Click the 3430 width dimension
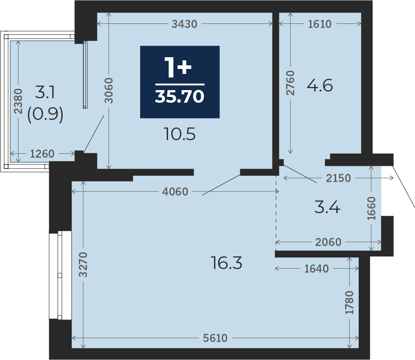coord(184,24)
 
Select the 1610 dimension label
coord(320,24)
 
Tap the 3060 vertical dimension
coord(109,91)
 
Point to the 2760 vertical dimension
coord(290,83)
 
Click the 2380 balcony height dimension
coord(18,101)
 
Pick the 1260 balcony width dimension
coord(42,154)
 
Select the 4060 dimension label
coord(175,191)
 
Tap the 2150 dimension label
coord(338,178)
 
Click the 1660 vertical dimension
coord(371,208)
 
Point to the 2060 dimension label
coord(328,242)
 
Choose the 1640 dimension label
coord(316,269)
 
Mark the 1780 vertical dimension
coord(349,303)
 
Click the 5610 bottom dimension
coord(215,338)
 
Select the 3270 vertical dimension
coord(83,265)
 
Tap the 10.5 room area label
coord(180,134)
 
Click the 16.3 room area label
coord(227,263)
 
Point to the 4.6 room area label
coord(320,86)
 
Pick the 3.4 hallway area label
coord(327,207)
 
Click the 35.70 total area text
coord(180,96)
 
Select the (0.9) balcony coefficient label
coord(46,114)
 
